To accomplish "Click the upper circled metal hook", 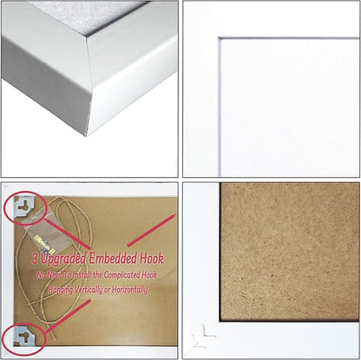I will coord(23,206).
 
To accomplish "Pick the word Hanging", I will coord(56,288).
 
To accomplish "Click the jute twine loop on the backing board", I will coord(78,234).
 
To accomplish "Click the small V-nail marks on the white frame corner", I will coord(205,332).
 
